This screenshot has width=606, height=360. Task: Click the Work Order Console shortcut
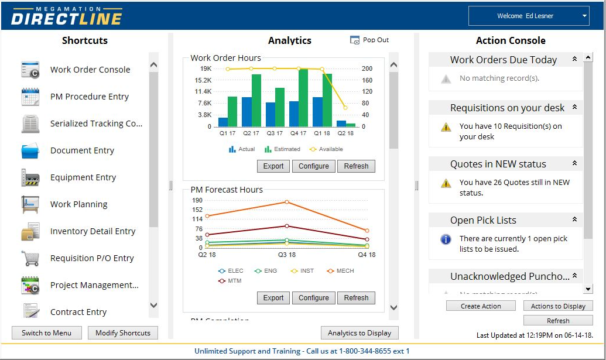tap(90, 70)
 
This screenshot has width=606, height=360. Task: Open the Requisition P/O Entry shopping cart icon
tap(30, 258)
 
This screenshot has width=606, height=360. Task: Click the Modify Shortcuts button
tap(123, 333)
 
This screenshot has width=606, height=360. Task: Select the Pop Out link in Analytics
tap(370, 40)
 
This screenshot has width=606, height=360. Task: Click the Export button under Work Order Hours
tap(273, 166)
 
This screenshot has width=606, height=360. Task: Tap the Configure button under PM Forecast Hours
tap(314, 298)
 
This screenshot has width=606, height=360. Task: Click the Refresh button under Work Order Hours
tap(356, 166)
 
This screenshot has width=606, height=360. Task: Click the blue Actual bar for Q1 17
tap(223, 122)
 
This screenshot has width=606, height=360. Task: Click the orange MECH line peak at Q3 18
tap(287, 202)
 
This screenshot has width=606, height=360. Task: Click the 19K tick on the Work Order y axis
tap(206, 68)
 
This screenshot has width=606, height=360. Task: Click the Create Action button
tap(481, 306)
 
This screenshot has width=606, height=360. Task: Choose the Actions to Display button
tap(558, 306)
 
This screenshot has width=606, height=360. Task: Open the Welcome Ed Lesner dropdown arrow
tap(584, 16)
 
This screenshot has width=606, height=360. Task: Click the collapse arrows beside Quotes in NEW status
tap(574, 164)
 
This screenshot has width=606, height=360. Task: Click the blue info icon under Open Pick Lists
tap(446, 239)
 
